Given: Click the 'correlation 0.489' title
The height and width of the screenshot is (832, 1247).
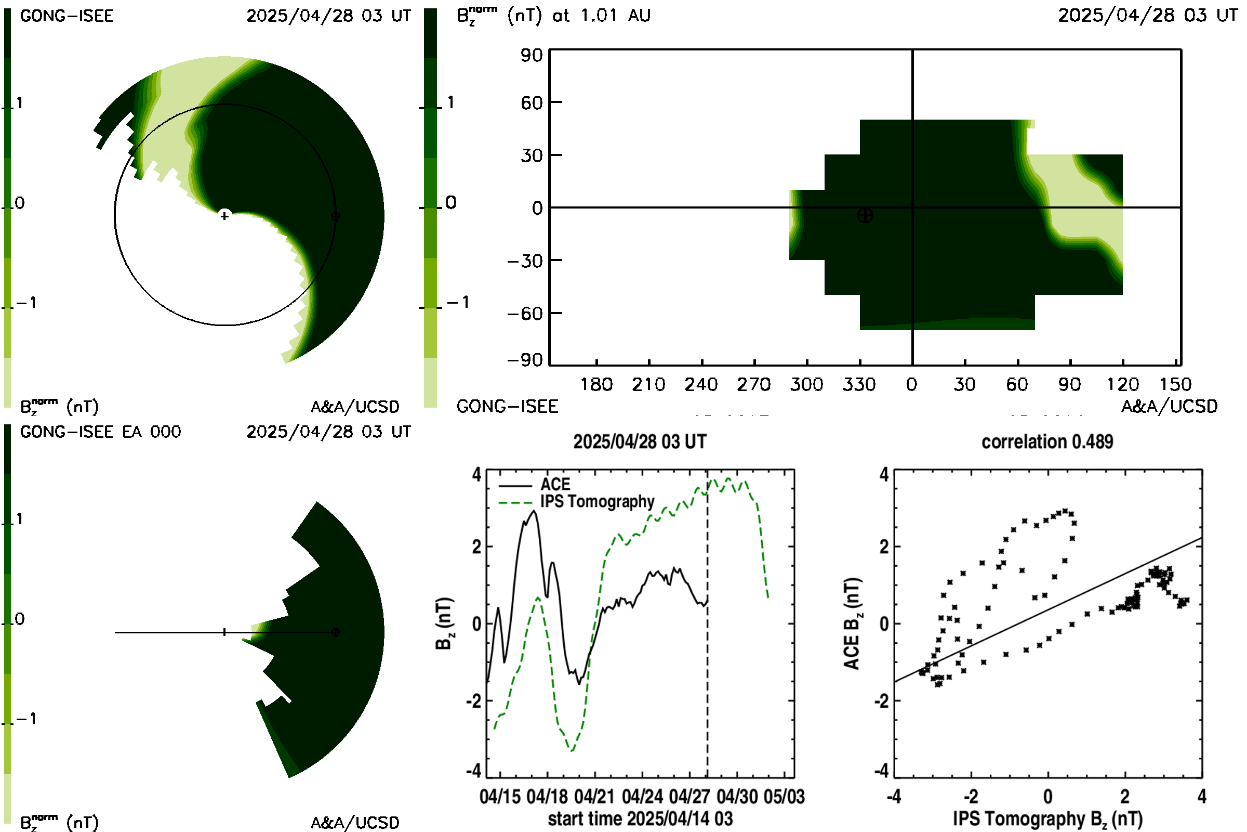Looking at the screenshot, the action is [x=1047, y=442].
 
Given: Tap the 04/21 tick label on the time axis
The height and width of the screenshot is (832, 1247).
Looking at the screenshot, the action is [x=594, y=797].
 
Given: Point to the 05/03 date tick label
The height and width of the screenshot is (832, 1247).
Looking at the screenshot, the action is [x=784, y=797].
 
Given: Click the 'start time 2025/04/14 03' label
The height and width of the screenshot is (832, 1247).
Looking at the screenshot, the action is [x=640, y=818].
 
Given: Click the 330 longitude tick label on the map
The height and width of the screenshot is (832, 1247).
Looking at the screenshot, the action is [x=859, y=384].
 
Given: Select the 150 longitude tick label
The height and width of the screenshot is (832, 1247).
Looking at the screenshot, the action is [x=1175, y=384].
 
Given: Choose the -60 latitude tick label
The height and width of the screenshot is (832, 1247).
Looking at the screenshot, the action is [x=525, y=314].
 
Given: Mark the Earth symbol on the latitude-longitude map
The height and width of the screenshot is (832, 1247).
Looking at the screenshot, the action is [x=865, y=215].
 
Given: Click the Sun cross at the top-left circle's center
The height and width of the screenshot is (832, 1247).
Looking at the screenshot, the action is [x=225, y=216].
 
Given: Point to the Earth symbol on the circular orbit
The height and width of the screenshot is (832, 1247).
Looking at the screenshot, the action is [x=335, y=216].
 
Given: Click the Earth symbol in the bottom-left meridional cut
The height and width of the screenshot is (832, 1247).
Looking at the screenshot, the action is [x=335, y=632].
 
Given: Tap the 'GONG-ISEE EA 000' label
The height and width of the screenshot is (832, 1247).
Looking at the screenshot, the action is [x=100, y=432].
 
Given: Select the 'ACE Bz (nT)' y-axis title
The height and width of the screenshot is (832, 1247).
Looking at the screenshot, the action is [x=852, y=624].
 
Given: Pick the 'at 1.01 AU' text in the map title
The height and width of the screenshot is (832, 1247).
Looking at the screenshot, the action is [x=601, y=16].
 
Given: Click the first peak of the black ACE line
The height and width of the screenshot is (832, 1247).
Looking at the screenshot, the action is [x=498, y=608].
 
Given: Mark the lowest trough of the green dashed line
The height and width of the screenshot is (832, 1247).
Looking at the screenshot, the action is [x=572, y=750].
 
